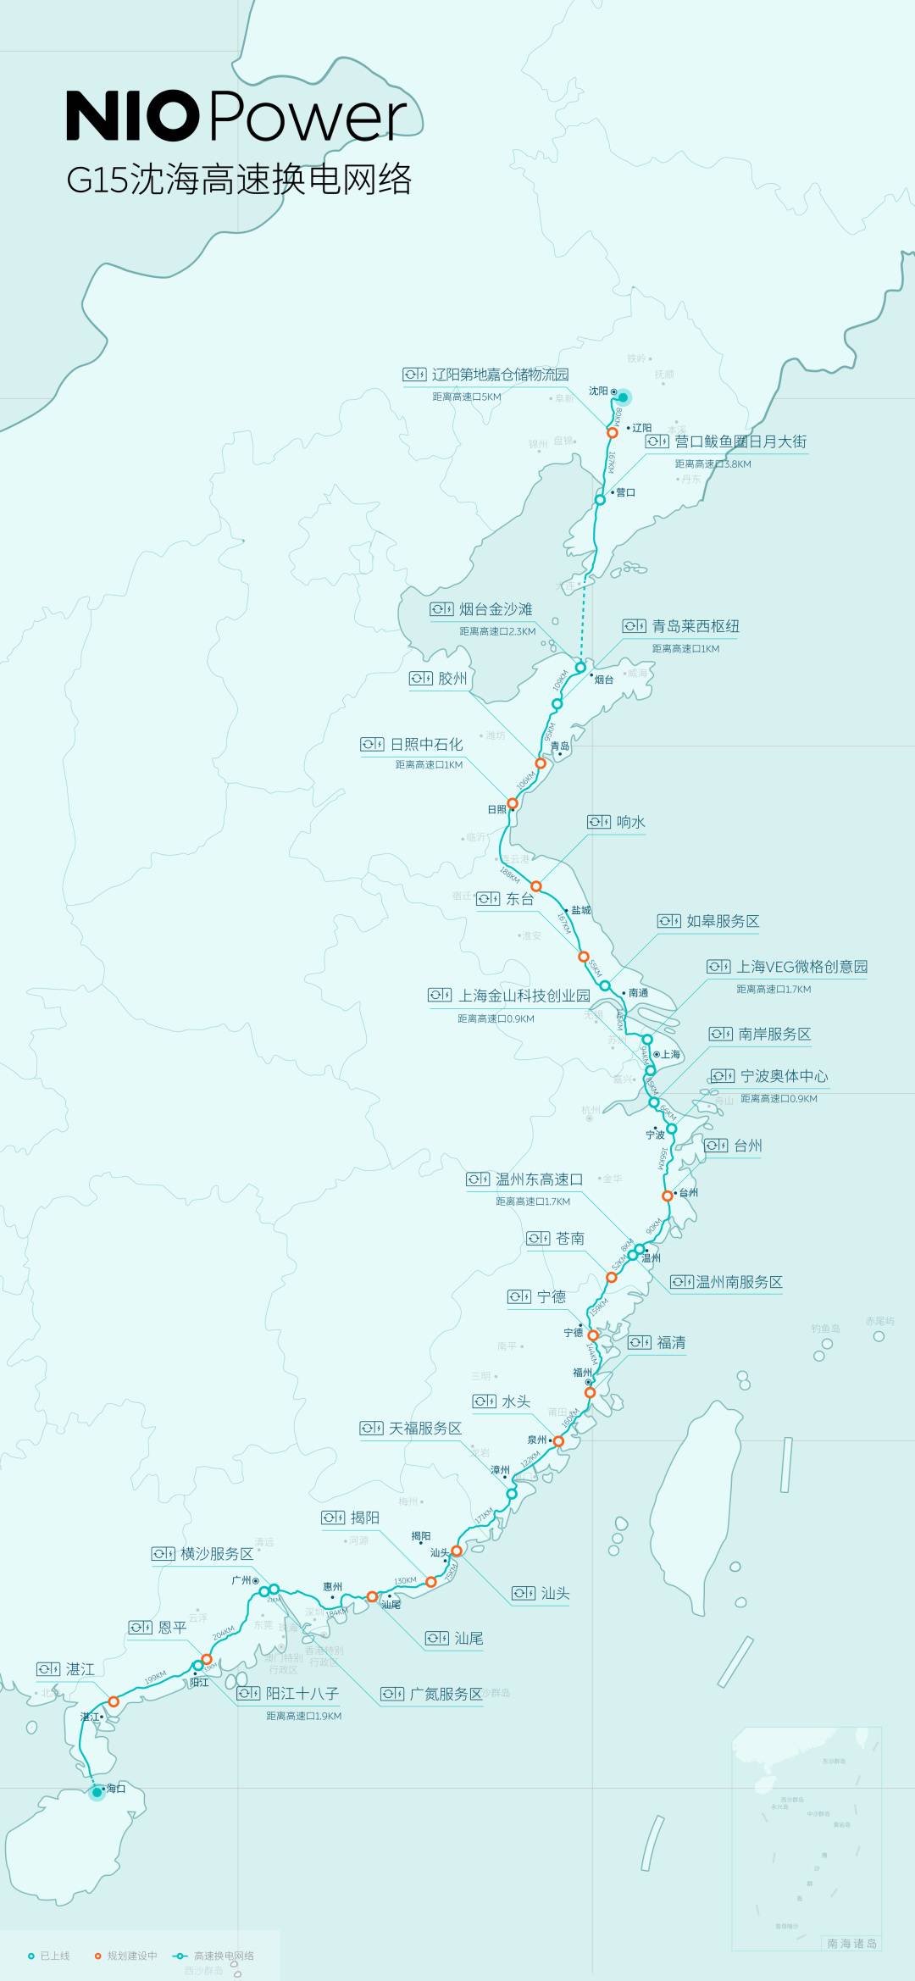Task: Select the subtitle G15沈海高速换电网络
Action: pos(239,180)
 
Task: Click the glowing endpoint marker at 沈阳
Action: pos(624,397)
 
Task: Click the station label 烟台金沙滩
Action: pos(496,609)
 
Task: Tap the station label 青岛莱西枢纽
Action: pos(696,626)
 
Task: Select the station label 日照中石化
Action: pos(426,744)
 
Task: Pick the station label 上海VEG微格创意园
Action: pos(801,967)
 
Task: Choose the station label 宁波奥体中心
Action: pos(784,1076)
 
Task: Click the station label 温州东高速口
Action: pos(539,1179)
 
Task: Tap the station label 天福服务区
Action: pos(425,1429)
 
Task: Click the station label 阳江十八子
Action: pos(302,1693)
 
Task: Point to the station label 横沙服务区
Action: pos(217,1554)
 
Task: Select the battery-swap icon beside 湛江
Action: pos(48,1669)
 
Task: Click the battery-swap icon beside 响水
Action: pos(599,822)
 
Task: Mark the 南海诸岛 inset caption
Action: pos(851,1944)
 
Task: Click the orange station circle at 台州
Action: pos(668,1196)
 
